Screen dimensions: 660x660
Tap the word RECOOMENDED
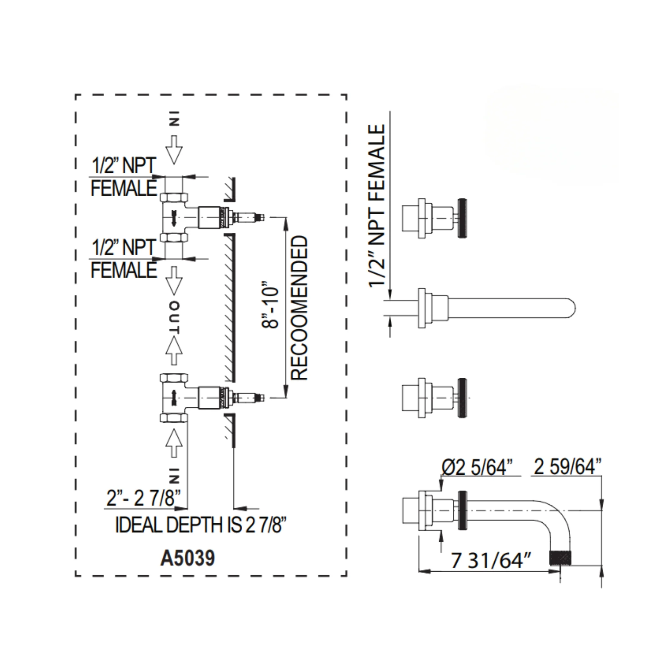[x=299, y=308]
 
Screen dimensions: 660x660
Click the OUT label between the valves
[x=175, y=318]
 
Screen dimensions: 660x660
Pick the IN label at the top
[x=174, y=119]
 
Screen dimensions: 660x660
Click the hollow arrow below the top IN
[x=174, y=150]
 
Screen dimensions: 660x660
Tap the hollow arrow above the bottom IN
[x=174, y=443]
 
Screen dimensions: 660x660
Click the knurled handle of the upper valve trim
[x=462, y=218]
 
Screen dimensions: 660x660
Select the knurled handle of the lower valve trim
[x=462, y=398]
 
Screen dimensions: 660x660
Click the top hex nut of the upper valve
[x=174, y=198]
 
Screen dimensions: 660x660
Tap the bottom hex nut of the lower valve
[x=174, y=418]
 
